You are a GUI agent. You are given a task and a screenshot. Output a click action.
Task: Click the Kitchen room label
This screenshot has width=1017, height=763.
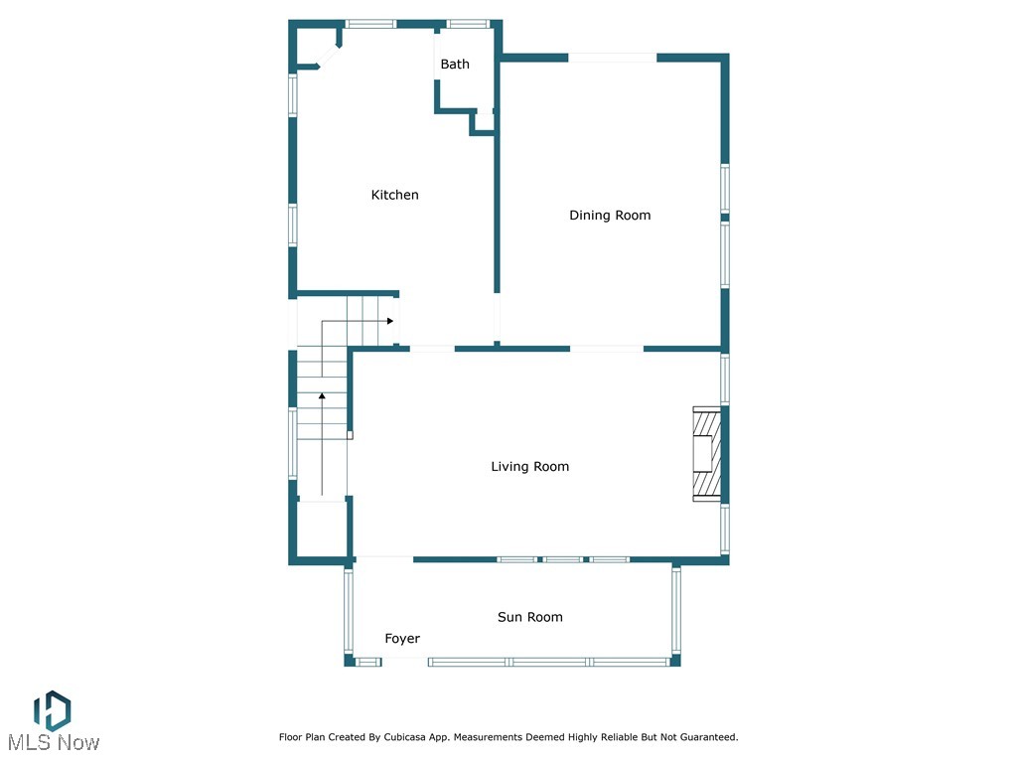pos(394,195)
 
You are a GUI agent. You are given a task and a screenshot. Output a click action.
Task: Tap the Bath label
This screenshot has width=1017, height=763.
pos(455,65)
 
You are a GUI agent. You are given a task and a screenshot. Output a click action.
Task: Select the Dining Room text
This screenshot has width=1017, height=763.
pos(610,216)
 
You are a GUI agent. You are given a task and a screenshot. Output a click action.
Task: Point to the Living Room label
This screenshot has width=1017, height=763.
pos(530,467)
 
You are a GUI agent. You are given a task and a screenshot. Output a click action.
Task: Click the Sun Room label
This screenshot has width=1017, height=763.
pos(529,618)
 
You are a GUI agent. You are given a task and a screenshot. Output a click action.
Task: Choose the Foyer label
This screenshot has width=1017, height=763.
pos(402,639)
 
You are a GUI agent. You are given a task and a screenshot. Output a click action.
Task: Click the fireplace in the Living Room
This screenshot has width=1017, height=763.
pos(706,454)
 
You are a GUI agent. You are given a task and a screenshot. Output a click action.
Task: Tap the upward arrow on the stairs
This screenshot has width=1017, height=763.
pos(322,397)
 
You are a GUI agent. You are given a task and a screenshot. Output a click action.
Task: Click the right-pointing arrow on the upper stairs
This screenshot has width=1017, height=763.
pos(390,321)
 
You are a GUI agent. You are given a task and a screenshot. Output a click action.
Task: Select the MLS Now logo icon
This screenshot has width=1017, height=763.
pos(52,711)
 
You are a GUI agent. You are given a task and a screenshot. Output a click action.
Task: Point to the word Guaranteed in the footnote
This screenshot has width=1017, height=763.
pos(704,737)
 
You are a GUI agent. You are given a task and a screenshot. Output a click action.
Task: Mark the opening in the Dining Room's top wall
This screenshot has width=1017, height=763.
pos(612,58)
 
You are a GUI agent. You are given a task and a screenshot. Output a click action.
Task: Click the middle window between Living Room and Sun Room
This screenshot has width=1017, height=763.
pos(563,560)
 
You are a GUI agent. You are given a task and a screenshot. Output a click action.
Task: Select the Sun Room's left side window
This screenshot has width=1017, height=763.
pos(349,610)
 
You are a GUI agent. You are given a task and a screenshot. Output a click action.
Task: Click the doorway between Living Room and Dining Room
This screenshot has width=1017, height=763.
pos(606,349)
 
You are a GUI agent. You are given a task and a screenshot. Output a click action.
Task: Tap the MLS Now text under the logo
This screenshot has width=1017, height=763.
pos(54,743)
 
